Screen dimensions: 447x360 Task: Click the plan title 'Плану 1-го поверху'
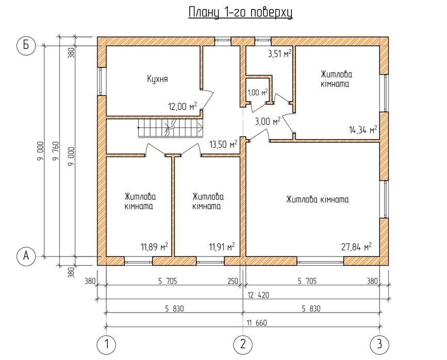[240, 13]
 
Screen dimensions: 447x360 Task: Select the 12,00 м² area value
[183, 107]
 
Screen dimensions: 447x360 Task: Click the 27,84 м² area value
[356, 247]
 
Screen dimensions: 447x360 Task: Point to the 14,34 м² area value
[362, 130]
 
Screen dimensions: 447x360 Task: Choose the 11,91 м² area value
[222, 247]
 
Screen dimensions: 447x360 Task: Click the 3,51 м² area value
[280, 53]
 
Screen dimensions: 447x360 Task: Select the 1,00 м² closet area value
[258, 93]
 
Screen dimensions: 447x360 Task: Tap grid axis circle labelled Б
[25, 45]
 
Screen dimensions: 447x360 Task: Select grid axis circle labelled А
[25, 255]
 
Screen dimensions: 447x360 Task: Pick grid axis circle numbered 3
[379, 344]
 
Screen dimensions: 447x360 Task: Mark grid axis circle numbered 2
[242, 344]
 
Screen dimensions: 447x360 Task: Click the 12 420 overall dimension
[257, 295]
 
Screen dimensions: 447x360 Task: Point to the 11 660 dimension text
[256, 323]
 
